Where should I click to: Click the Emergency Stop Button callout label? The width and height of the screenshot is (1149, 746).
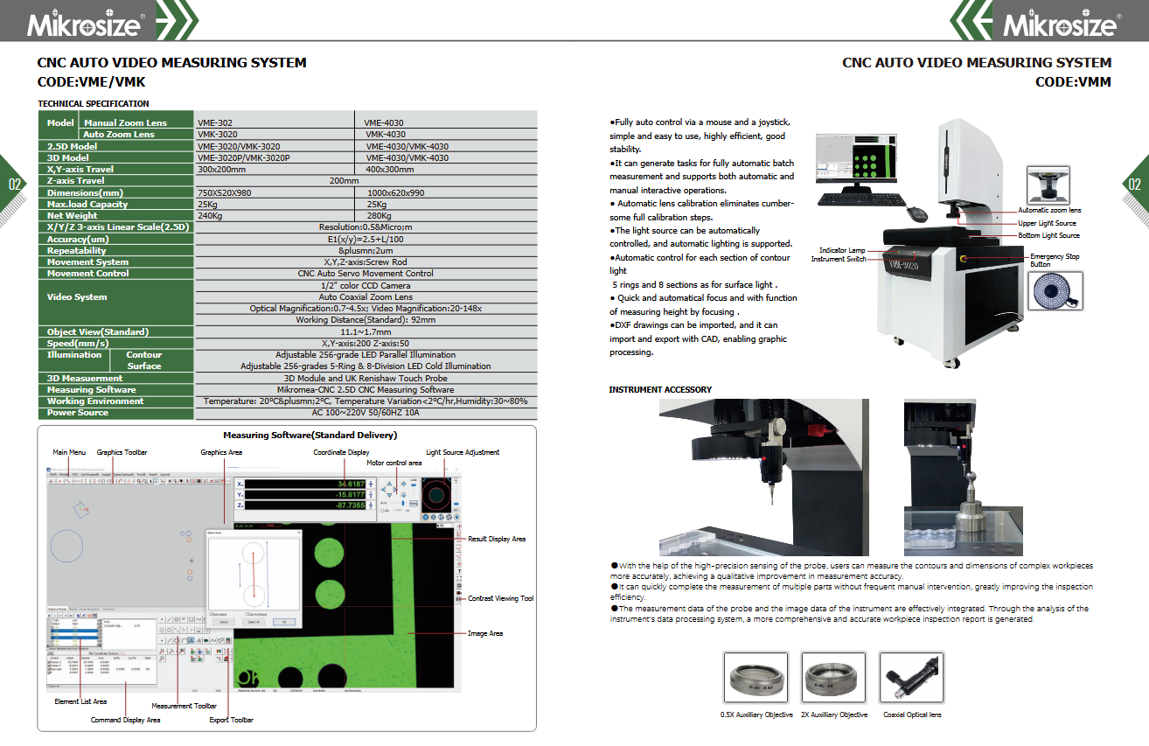pos(1054,260)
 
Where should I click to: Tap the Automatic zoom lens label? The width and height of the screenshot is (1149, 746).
pos(1049,211)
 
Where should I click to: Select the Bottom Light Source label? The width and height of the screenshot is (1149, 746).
pos(1048,235)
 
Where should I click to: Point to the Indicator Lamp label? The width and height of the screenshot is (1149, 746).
pos(842,250)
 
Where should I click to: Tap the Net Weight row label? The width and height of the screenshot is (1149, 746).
pos(73,216)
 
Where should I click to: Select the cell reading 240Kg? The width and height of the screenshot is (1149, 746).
pos(210,216)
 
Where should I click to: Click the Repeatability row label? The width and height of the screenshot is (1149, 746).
pos(77,251)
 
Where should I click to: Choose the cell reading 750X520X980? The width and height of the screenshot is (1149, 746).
pos(225,192)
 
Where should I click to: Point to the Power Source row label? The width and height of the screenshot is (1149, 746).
pos(78,413)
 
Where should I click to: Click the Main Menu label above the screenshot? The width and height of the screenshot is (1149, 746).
pos(70,452)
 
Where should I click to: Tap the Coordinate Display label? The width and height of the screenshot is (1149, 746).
pos(341,452)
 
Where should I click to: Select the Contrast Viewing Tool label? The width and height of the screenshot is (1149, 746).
pos(501,599)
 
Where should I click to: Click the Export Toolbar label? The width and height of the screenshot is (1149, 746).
pos(232,720)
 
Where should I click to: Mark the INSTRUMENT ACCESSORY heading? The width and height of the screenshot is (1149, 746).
pos(660,389)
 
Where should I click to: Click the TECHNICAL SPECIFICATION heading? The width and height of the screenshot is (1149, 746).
pos(94,104)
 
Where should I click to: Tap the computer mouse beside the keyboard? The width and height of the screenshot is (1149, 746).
pos(916,213)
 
